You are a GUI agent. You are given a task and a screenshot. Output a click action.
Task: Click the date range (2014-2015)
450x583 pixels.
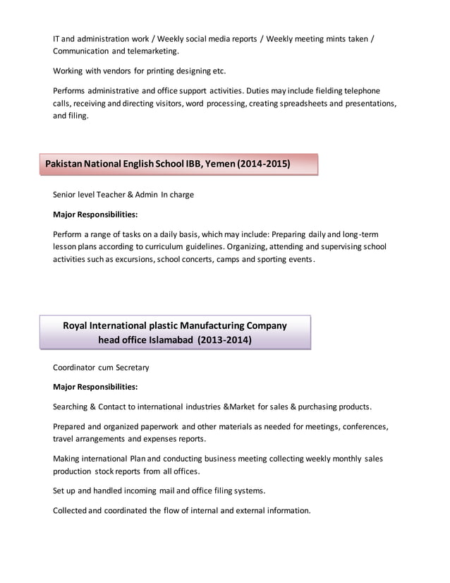[x=264, y=164]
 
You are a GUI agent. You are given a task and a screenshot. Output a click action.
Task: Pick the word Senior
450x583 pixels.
[x=66, y=194]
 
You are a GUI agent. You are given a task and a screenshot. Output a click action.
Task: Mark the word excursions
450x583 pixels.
[x=130, y=259]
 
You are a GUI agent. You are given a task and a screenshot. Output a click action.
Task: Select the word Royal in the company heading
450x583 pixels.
[x=77, y=325]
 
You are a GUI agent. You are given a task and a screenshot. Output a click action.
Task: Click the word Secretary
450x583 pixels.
[x=130, y=367]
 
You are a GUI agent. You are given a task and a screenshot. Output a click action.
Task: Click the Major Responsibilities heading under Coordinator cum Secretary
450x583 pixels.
[x=95, y=387]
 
